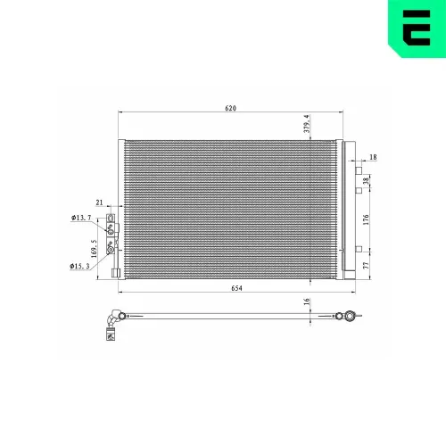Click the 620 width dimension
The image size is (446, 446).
click(231, 108)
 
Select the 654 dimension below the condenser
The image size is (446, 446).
click(236, 288)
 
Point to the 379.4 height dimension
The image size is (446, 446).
click(306, 124)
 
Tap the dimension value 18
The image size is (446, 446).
click(373, 157)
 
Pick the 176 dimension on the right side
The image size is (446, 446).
click(367, 219)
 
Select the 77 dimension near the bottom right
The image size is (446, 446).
click(367, 265)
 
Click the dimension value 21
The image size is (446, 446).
click(100, 204)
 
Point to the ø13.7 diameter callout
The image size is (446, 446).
click(81, 218)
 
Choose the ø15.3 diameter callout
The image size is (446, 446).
click(81, 266)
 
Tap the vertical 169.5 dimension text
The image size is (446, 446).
click(92, 242)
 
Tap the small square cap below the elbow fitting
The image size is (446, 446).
click(111, 335)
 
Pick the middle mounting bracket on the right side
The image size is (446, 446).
click(359, 189)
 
